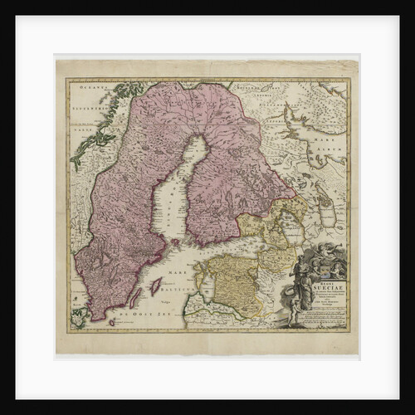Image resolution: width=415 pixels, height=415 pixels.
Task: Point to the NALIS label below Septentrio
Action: coord(81,129)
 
